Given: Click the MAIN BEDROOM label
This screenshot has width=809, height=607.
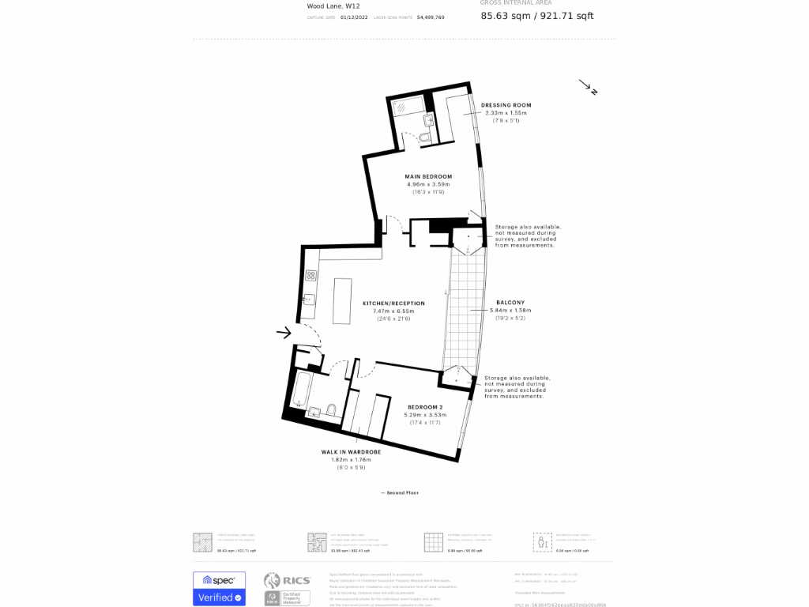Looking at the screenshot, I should pos(428,176).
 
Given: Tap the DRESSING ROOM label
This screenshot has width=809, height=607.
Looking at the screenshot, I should pos(506,105).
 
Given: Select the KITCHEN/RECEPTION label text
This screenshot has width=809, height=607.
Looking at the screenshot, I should pos(393,303).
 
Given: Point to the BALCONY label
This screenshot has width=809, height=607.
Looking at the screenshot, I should pos(510,303).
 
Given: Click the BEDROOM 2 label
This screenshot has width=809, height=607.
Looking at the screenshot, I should pos(425,407).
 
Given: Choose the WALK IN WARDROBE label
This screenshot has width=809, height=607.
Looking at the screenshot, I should pos(351,452).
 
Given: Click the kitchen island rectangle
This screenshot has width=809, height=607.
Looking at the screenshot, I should pos(342,300).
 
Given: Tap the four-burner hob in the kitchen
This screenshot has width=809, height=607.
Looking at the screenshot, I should pos(311,276).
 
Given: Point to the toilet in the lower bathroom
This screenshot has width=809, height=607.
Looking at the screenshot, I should pos(331,409).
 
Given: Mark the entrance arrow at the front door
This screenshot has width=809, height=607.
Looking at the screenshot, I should pos(284,333).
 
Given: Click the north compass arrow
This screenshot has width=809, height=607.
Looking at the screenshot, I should pos(588,86).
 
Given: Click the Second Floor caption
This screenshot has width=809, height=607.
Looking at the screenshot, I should pos(400,492).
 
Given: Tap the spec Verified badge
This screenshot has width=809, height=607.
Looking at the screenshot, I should pos(219,589).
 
